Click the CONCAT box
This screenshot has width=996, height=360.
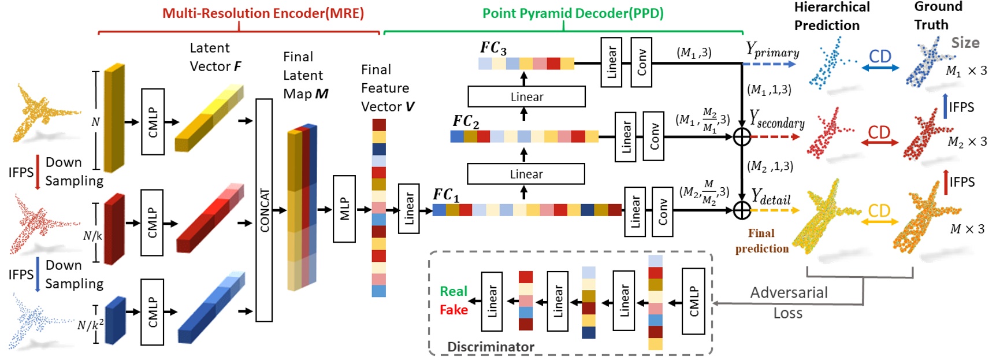point(264,210)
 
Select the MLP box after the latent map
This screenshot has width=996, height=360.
point(344,209)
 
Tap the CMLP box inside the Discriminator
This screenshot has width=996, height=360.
point(693,301)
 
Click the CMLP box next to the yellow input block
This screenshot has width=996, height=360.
point(153,121)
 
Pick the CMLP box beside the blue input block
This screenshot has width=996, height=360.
point(153,311)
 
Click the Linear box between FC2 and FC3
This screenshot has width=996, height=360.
point(526,97)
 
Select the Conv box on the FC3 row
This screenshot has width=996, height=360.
point(641,62)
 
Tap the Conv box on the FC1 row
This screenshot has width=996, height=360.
point(662,211)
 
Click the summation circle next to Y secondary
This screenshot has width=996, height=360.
point(742,137)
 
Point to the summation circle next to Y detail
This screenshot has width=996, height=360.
point(742,210)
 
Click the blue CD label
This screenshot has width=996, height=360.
point(880,57)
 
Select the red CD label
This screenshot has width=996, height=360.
point(879,132)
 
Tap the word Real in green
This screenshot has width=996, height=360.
point(454,291)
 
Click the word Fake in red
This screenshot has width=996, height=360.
point(454,310)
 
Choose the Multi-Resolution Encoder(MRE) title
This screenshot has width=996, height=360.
point(263,13)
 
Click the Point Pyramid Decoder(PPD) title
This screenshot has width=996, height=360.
point(573,13)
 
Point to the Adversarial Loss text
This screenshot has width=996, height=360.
point(789,302)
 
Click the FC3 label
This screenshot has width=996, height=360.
point(493,48)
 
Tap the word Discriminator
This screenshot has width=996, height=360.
point(490,347)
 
